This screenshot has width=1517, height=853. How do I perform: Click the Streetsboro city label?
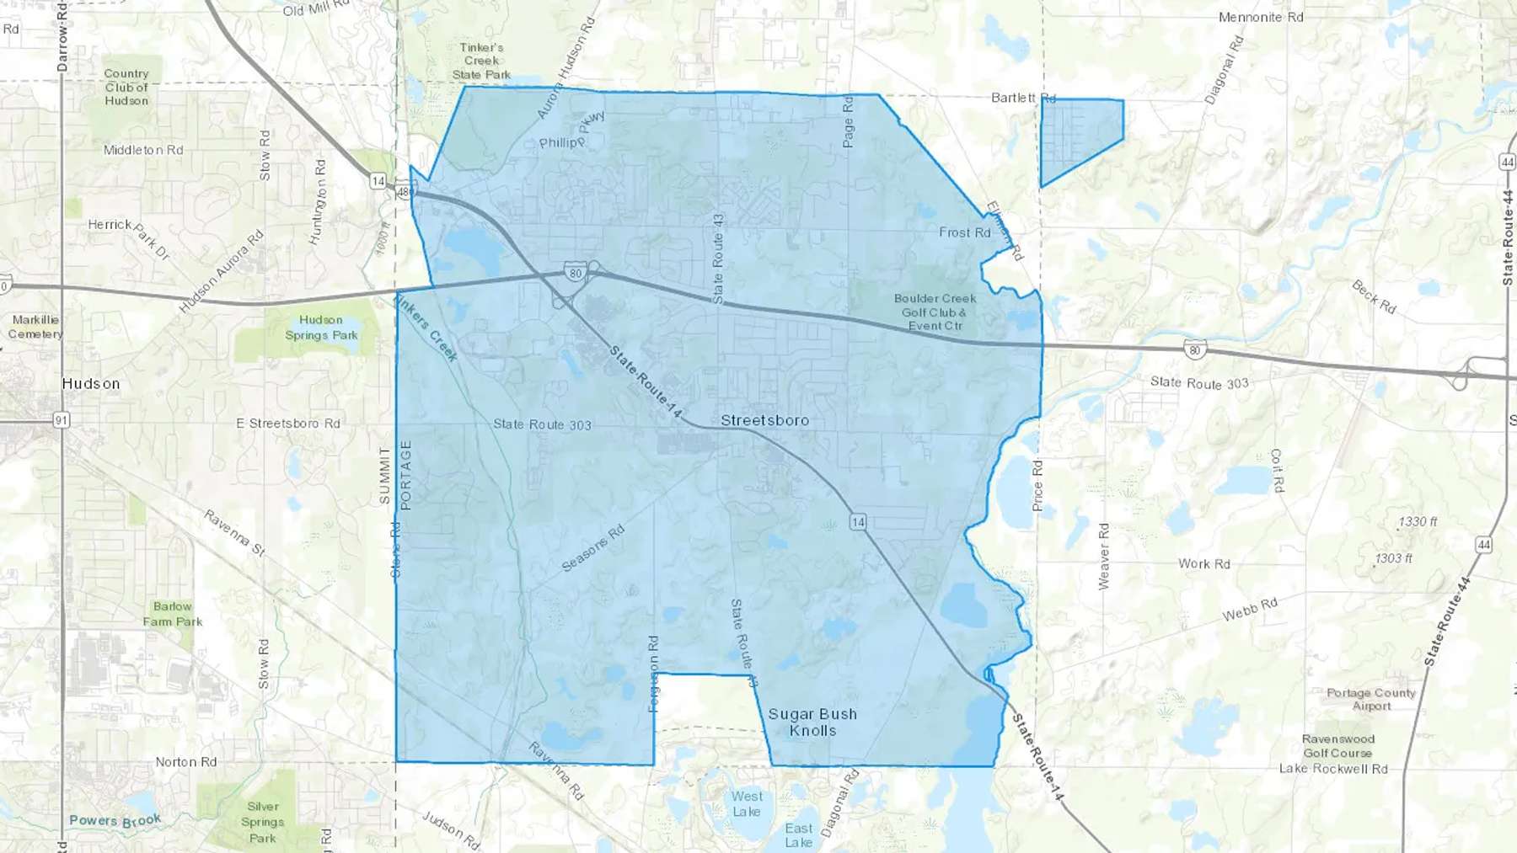pyautogui.click(x=764, y=420)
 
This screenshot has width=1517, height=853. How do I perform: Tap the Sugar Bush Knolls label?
pyautogui.click(x=812, y=722)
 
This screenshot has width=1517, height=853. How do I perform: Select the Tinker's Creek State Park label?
pyautogui.click(x=481, y=61)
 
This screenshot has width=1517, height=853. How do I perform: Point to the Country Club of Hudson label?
pyautogui.click(x=126, y=88)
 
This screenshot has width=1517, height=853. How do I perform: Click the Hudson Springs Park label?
pyautogui.click(x=321, y=328)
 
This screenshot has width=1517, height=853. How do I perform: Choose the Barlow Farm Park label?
pyautogui.click(x=173, y=614)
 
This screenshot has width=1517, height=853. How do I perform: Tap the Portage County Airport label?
pyautogui.click(x=1371, y=700)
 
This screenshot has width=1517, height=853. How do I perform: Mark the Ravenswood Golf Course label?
pyautogui.click(x=1337, y=746)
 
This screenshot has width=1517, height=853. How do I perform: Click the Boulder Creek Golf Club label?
pyautogui.click(x=935, y=312)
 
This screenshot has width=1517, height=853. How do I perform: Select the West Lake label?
pyautogui.click(x=747, y=803)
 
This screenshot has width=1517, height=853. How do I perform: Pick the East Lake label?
pyautogui.click(x=799, y=835)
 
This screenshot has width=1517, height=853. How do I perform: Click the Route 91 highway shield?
pyautogui.click(x=62, y=419)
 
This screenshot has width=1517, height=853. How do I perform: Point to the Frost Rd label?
pyautogui.click(x=965, y=232)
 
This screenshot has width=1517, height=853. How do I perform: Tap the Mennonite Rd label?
pyautogui.click(x=1261, y=17)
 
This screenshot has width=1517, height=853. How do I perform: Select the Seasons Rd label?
pyautogui.click(x=593, y=548)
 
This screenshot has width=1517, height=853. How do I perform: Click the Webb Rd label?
pyautogui.click(x=1250, y=610)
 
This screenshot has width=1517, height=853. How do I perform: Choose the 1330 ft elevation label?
pyautogui.click(x=1418, y=522)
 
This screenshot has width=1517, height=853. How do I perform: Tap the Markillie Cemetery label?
pyautogui.click(x=35, y=327)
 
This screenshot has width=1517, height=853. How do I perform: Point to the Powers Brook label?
pyautogui.click(x=115, y=820)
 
